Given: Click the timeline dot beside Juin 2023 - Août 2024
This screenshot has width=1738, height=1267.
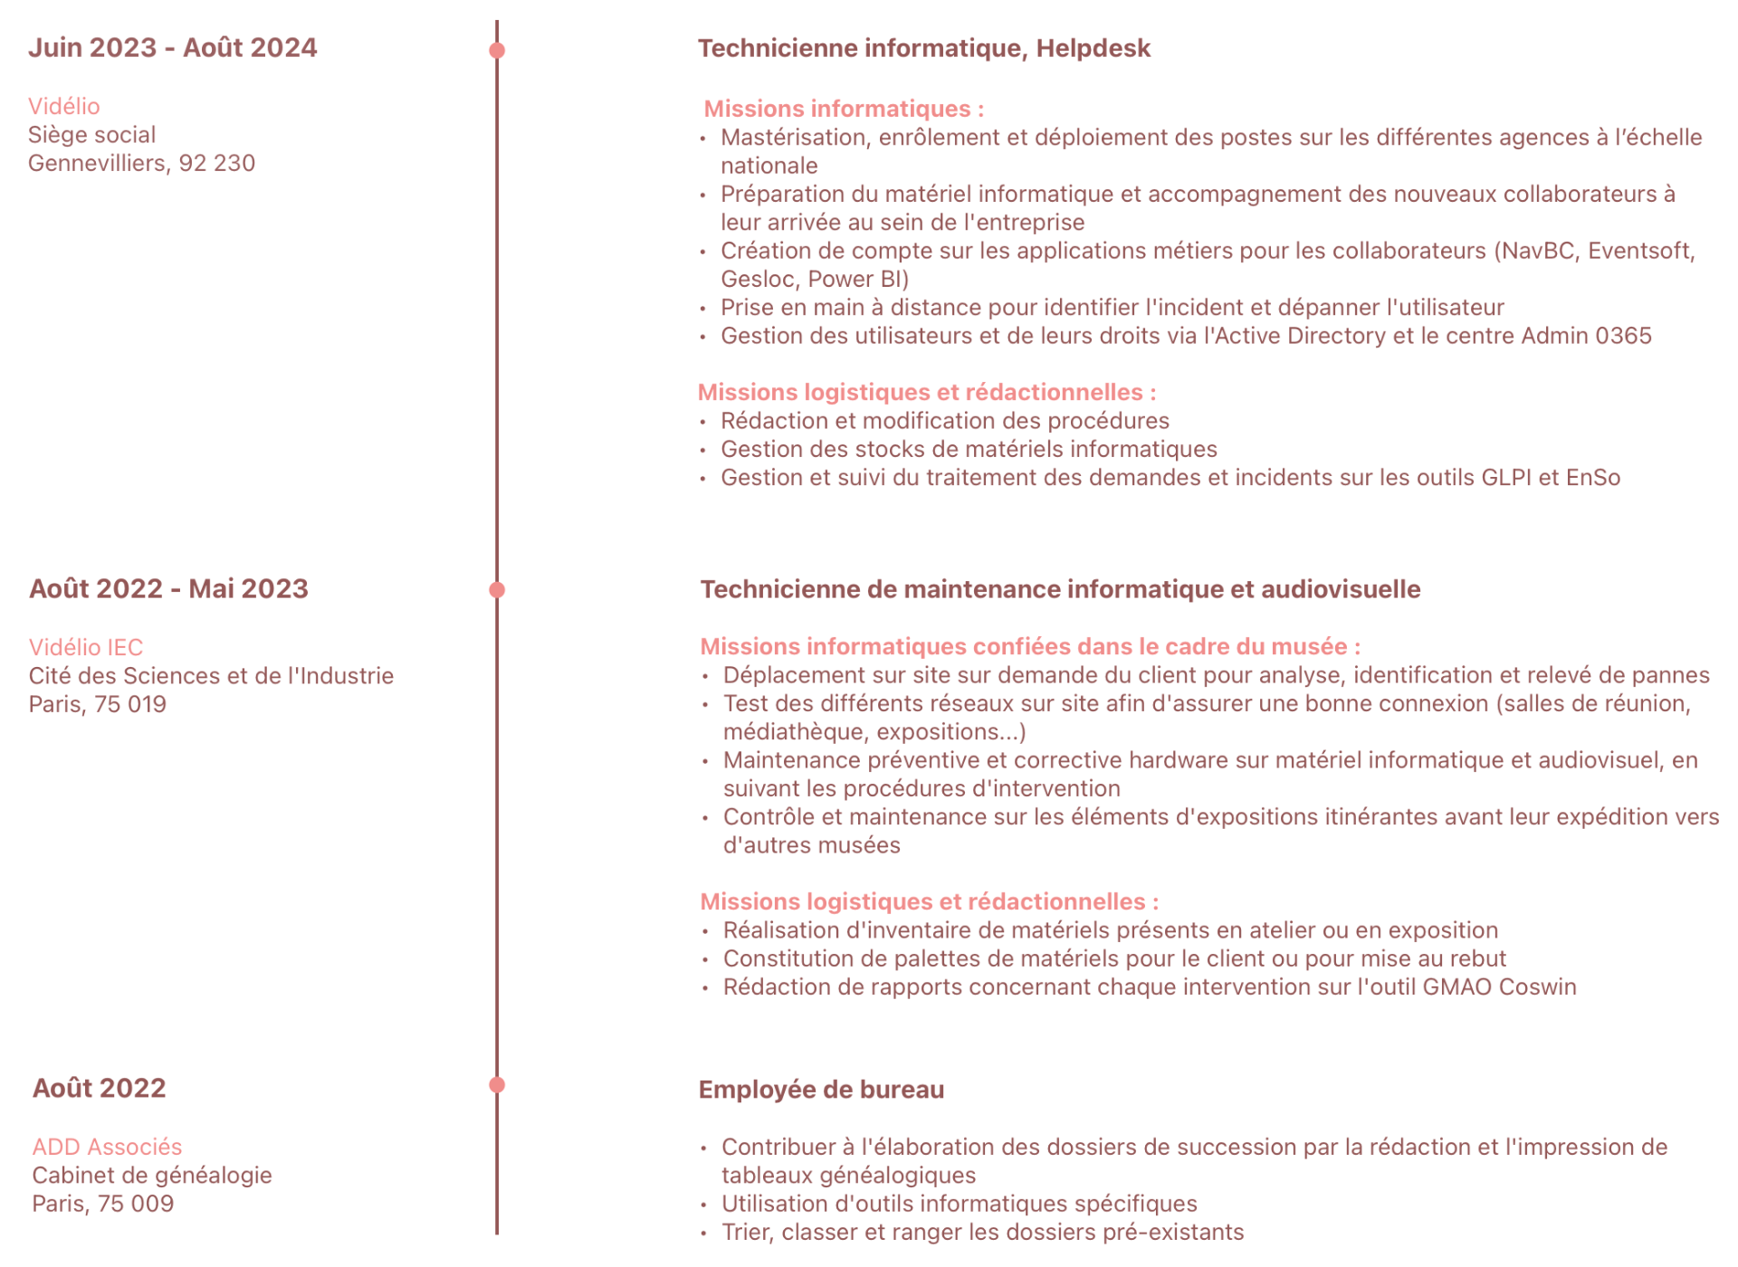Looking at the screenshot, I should (x=497, y=50).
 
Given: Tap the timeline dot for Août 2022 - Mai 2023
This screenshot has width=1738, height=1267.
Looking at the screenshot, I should (x=497, y=590).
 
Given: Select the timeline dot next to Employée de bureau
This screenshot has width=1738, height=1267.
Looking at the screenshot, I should (x=497, y=1085).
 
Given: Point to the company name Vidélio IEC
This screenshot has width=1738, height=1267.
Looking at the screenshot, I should (x=86, y=647).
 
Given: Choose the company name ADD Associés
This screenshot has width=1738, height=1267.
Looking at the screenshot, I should (x=107, y=1147).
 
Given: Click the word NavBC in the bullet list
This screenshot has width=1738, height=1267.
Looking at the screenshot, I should (x=1537, y=251).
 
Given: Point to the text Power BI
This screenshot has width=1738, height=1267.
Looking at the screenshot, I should (x=858, y=279).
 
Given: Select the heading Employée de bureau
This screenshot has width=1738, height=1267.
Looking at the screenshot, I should (x=821, y=1090).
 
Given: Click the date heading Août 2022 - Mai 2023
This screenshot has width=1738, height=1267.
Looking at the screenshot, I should (x=168, y=589).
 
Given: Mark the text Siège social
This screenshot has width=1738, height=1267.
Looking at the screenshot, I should (x=91, y=135).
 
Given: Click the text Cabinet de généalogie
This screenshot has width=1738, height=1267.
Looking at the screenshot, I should (x=152, y=1175).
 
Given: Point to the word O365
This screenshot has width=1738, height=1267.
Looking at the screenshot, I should (x=1623, y=336).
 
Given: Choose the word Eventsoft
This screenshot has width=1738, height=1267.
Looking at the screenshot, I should (x=1640, y=251).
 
